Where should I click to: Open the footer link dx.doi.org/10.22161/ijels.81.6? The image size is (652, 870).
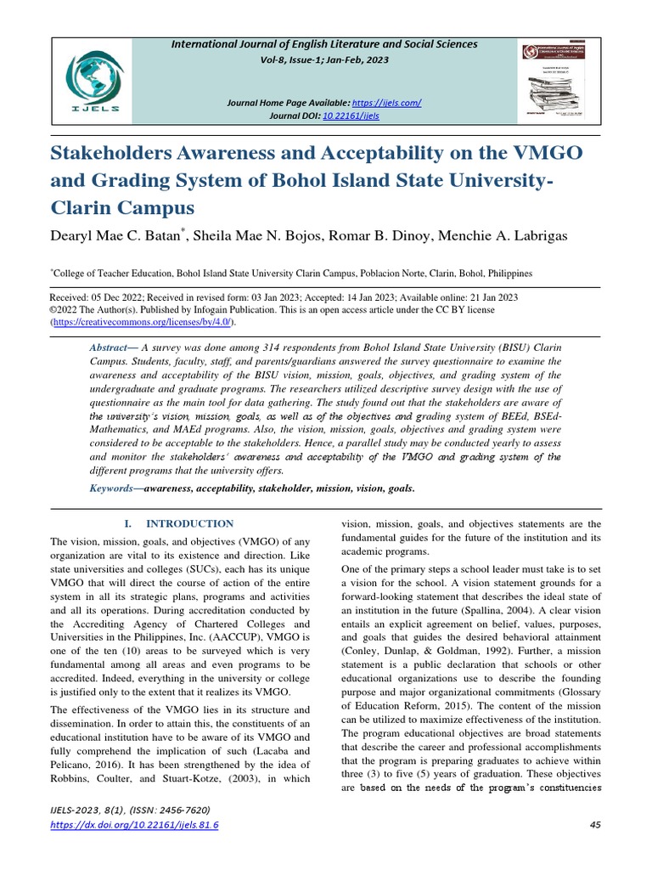134,826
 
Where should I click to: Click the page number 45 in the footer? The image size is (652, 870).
594,826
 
